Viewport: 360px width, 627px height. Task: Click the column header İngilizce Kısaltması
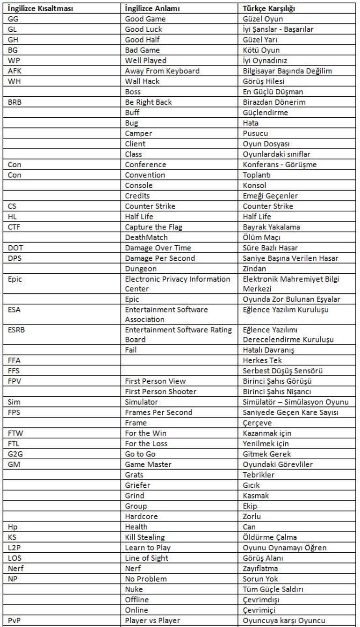tap(40, 8)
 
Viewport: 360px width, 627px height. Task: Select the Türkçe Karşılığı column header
tap(269, 8)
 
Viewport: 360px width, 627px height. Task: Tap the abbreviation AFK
tap(15, 71)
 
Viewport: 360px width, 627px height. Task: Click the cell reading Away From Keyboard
tap(162, 71)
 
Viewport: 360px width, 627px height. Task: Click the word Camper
tap(138, 133)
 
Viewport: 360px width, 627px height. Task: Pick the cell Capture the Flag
tap(154, 227)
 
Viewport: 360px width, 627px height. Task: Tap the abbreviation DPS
tap(16, 258)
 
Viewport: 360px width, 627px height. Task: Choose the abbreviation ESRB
tap(17, 330)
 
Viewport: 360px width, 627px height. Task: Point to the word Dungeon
tap(141, 269)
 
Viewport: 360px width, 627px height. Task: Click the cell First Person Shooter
tap(161, 392)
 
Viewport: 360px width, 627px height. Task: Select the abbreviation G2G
tap(15, 454)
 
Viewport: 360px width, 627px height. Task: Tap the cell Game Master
tap(148, 464)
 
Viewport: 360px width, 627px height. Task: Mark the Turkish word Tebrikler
tap(259, 475)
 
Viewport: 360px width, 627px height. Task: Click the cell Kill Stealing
tap(145, 537)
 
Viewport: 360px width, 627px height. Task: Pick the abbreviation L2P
tap(14, 548)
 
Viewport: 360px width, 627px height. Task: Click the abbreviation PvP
tap(15, 620)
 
